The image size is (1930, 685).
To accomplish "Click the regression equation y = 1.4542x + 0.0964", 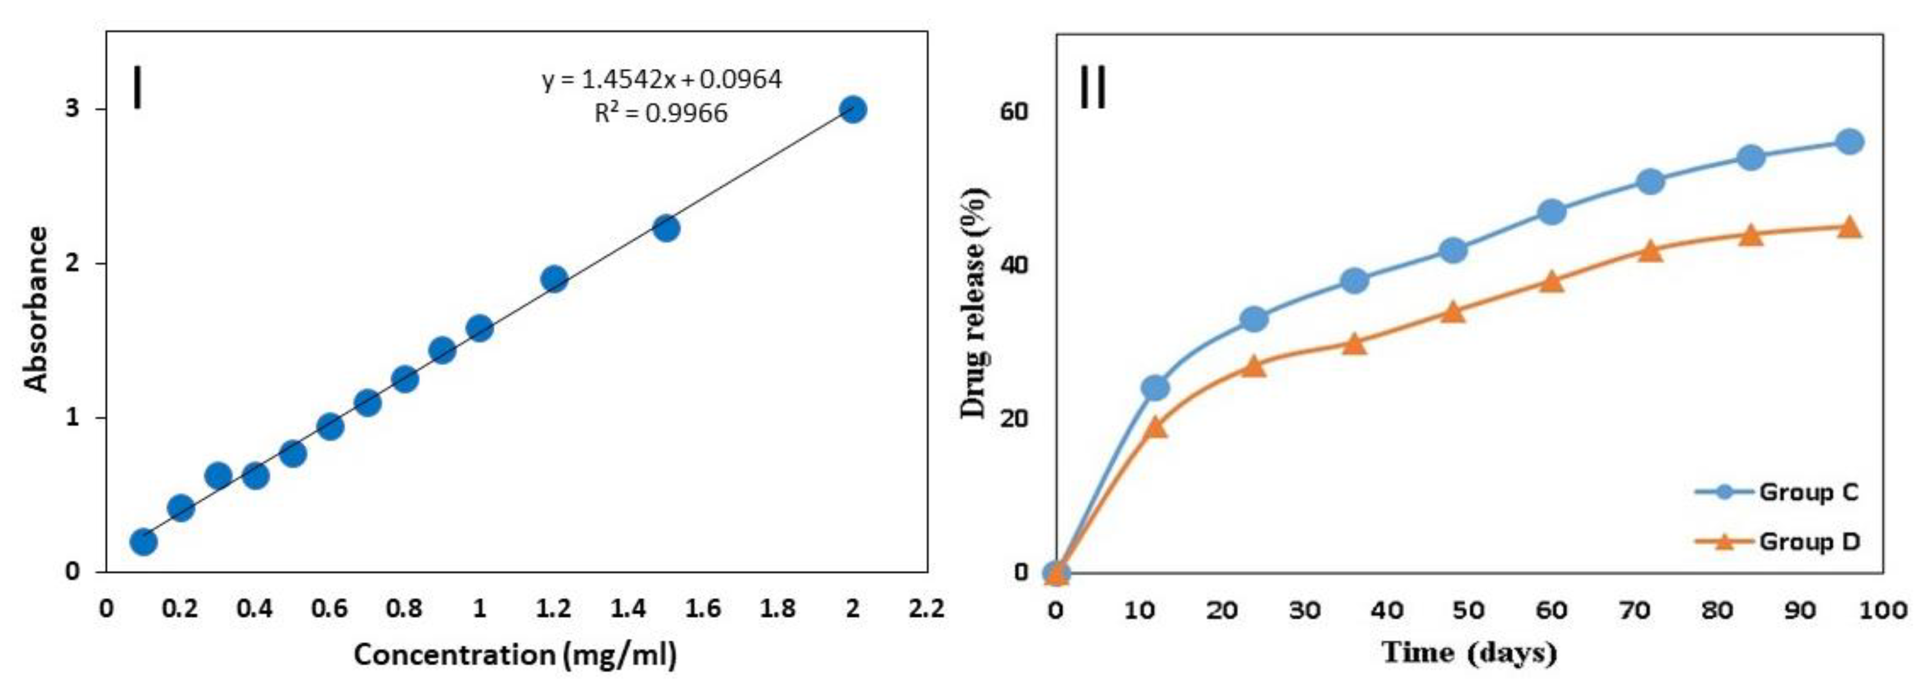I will coord(662,79).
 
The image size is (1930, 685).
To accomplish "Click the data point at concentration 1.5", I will coord(665,228).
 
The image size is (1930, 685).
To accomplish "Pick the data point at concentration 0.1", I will coord(143,541).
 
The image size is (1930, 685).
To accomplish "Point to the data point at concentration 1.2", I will coord(554,279).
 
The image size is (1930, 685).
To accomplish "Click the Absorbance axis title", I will coord(36,309).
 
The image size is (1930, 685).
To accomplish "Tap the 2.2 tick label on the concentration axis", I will coord(925,609).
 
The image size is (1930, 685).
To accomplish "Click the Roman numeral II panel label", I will coord(1092,87).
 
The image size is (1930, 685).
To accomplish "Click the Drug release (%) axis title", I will coord(975,303).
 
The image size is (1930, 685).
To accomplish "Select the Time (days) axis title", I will coord(1468,652).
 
